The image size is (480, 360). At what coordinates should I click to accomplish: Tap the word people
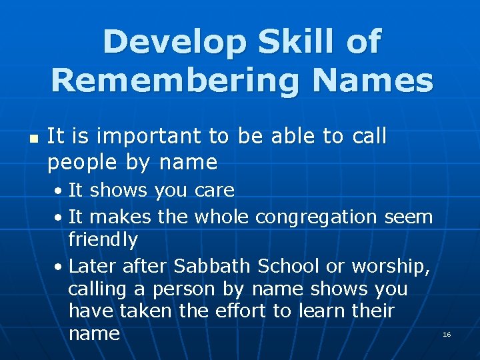[78, 162]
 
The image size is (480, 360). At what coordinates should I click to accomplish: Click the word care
[215, 191]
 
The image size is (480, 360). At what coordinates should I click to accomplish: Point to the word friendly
[103, 240]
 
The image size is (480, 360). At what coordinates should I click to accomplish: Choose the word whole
[221, 217]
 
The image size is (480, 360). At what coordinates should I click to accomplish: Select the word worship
[389, 267]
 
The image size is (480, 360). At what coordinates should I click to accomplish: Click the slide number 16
[447, 334]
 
